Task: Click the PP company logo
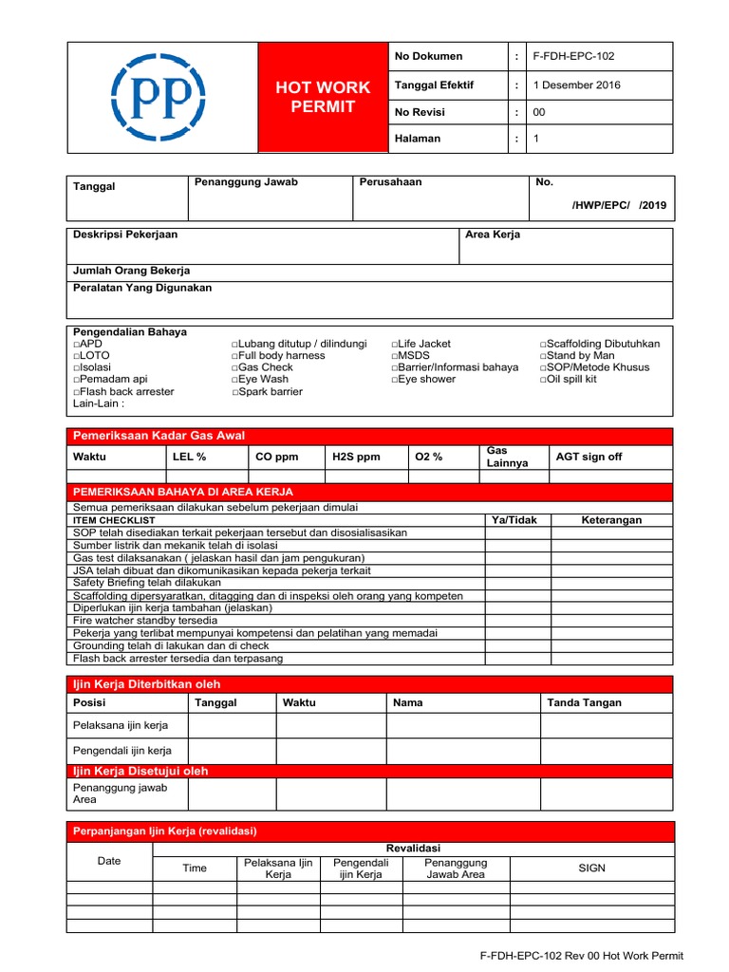[x=158, y=96]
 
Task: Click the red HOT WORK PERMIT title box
[x=323, y=97]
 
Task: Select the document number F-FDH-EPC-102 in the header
[x=573, y=57]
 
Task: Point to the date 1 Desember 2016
[x=576, y=85]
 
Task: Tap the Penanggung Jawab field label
[x=245, y=182]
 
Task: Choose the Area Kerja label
[x=492, y=234]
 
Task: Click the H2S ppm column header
[x=356, y=458]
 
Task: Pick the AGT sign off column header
[x=589, y=458]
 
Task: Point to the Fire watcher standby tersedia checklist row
[x=138, y=620]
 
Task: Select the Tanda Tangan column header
[x=584, y=703]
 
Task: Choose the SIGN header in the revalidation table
[x=591, y=869]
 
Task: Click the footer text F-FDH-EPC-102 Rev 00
[x=581, y=956]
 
